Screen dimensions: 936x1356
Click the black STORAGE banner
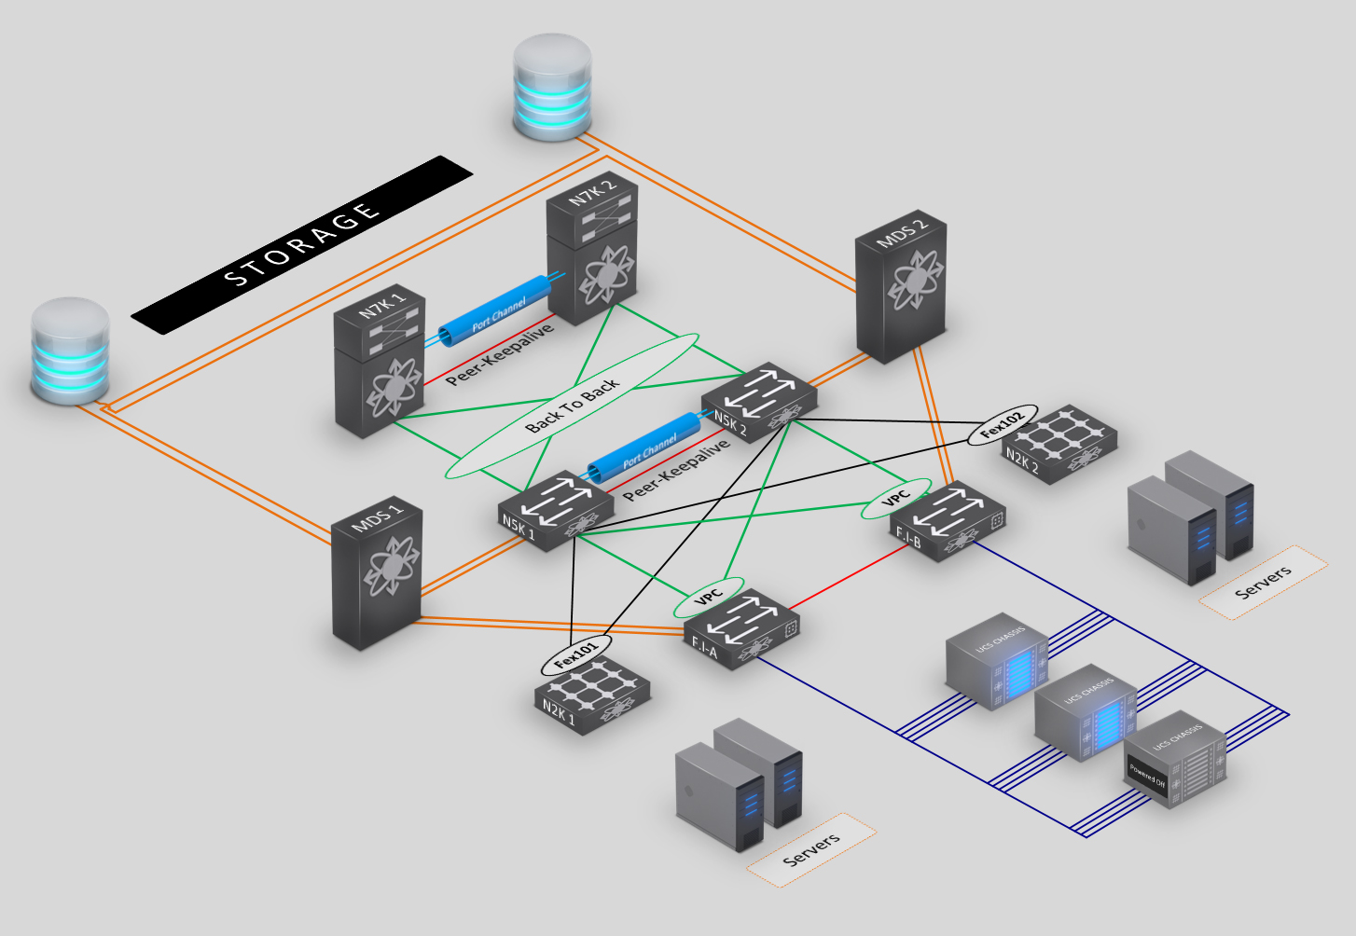point(301,244)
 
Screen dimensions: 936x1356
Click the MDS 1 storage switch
point(377,573)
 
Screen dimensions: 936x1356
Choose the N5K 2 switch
point(759,402)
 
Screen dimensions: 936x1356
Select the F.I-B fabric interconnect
point(948,523)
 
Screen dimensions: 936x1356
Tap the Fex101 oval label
point(575,655)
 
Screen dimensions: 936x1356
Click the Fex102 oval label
point(1002,425)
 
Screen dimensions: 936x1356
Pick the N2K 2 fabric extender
point(1059,444)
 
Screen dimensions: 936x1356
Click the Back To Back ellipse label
point(572,406)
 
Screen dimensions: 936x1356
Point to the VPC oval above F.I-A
point(709,597)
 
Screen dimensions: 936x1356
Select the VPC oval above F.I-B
point(894,499)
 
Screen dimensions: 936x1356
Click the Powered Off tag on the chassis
point(1147,776)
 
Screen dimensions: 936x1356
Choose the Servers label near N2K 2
point(1263,582)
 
